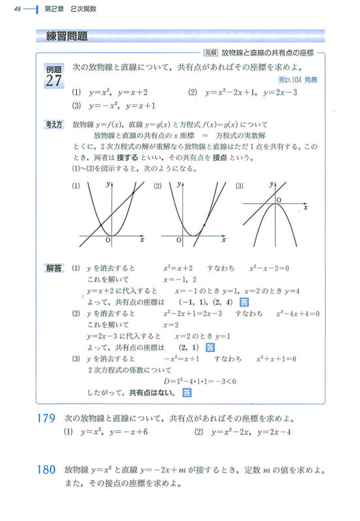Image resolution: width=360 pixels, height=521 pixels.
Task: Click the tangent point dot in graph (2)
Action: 203,226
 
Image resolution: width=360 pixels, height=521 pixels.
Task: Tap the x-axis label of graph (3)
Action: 306,208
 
